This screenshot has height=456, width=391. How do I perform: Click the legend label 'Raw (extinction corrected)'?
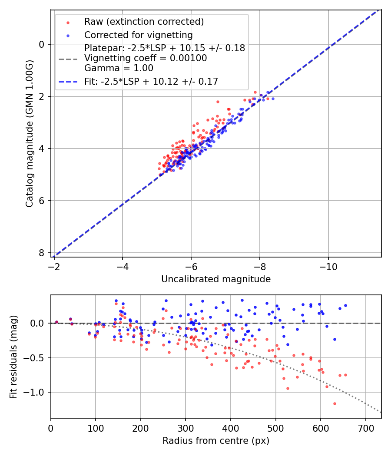144,22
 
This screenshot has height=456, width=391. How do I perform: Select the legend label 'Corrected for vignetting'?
138,35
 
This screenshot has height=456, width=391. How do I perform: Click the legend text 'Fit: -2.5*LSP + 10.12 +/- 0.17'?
151,81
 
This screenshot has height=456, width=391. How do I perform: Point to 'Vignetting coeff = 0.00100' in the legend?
146,58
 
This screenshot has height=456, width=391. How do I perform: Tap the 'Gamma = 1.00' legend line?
119,68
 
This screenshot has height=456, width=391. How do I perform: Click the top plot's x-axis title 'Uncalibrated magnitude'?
216,279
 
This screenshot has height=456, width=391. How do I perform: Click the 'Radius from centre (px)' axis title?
216,441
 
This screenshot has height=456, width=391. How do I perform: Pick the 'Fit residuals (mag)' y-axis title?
13,357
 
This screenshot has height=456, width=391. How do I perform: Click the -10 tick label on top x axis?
328,266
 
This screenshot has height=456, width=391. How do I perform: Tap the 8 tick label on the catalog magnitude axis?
42,253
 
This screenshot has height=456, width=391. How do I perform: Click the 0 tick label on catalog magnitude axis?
42,44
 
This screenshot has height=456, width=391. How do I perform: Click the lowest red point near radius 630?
335,403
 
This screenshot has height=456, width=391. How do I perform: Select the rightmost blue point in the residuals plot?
345,305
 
